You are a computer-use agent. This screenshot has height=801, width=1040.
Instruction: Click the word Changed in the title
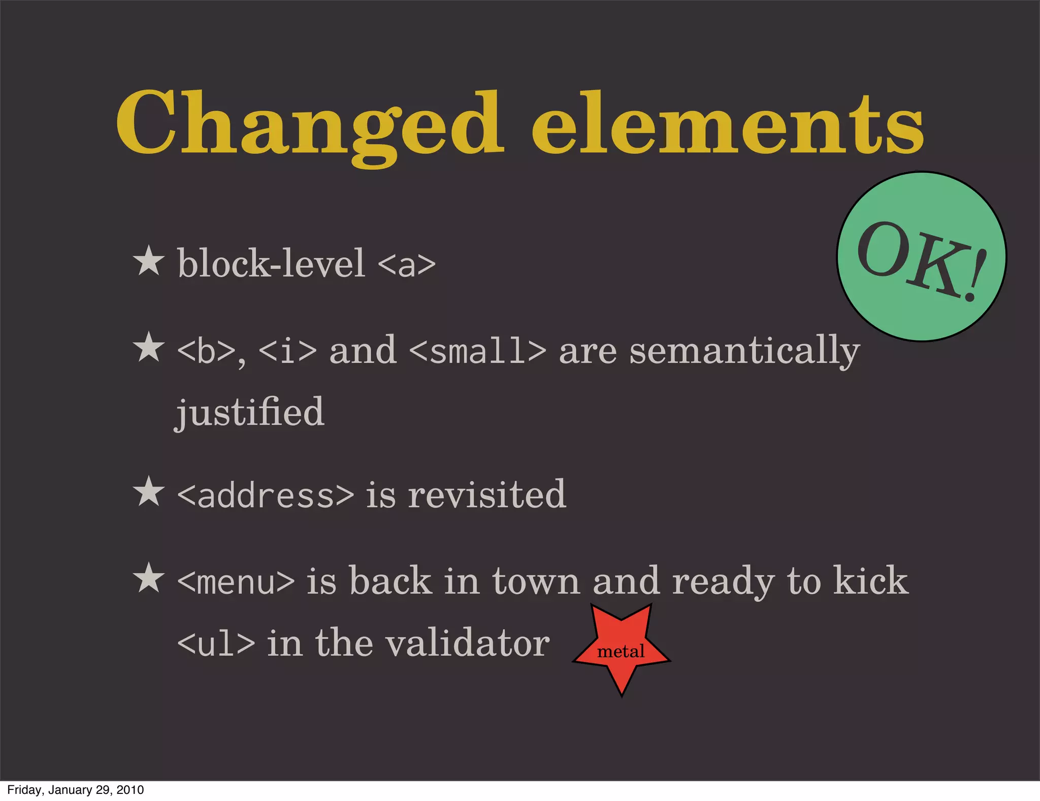[310, 125]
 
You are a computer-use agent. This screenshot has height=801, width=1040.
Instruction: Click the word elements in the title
[727, 125]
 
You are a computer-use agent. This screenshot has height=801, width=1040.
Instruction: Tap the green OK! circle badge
[921, 257]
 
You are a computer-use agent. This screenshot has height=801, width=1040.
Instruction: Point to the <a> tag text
[406, 264]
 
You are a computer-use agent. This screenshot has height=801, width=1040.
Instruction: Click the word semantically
[744, 352]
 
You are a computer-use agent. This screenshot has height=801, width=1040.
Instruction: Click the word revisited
[486, 495]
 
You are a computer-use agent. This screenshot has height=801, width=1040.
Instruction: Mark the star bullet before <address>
[148, 491]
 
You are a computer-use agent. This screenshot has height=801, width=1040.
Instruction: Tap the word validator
[467, 643]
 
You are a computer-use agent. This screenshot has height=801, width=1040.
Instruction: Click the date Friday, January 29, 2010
[76, 790]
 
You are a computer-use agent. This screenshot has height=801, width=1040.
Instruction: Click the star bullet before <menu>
[148, 578]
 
